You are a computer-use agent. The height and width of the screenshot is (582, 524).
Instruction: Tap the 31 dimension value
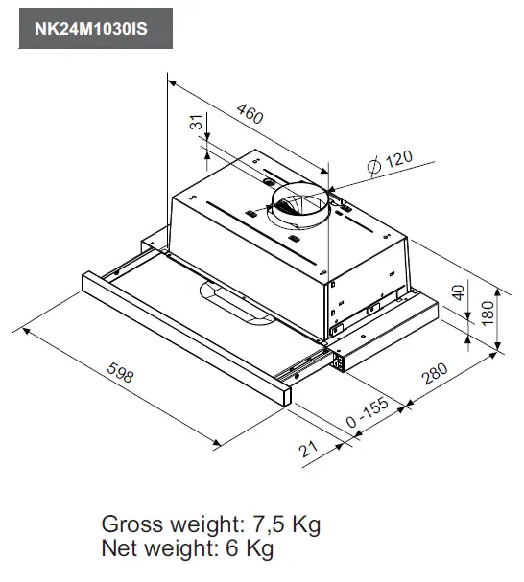pyautogui.click(x=197, y=123)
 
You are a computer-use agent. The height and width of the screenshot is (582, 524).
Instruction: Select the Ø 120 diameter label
pyautogui.click(x=389, y=161)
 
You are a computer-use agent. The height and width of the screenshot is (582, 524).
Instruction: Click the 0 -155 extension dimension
pyautogui.click(x=367, y=414)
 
